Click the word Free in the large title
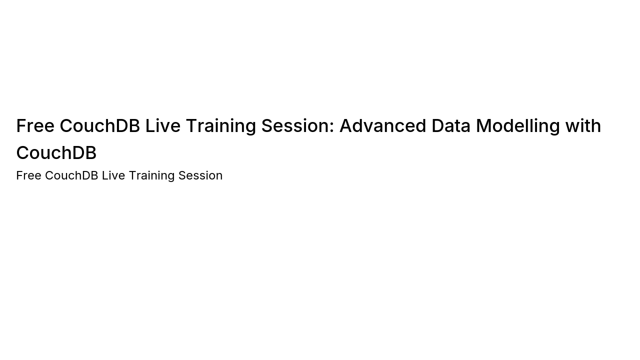point(35,125)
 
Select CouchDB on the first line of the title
point(100,125)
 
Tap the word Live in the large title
point(163,125)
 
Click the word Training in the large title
point(221,126)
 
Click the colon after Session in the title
point(331,127)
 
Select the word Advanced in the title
point(383,125)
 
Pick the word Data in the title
point(451,125)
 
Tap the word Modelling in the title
point(517,126)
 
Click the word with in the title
point(583,125)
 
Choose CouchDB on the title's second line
point(56,152)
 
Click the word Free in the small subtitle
point(29,175)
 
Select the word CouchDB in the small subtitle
point(71,175)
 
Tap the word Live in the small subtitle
point(113,175)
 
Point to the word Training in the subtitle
point(151,176)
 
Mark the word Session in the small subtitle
point(200,175)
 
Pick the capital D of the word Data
point(438,125)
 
